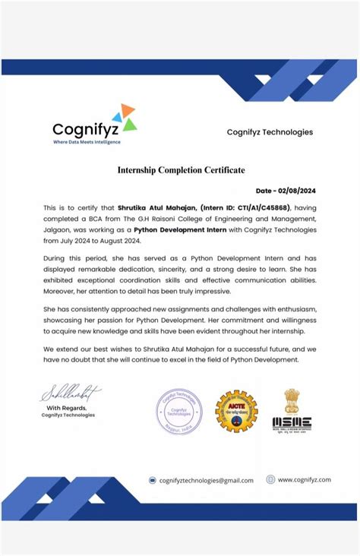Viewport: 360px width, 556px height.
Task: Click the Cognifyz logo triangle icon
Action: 124,118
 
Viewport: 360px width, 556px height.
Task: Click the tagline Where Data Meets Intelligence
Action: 86,142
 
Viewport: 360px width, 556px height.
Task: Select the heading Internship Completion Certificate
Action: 181,170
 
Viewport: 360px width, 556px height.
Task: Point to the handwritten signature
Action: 70,393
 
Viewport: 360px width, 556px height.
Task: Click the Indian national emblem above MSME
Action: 292,400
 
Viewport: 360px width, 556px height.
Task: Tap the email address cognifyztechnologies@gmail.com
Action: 206,480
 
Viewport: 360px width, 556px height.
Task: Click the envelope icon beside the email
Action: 153,480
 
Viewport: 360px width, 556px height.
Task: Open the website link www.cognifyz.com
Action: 304,479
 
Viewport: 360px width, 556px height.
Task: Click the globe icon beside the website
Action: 270,479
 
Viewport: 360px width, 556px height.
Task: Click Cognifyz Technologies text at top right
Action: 270,132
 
